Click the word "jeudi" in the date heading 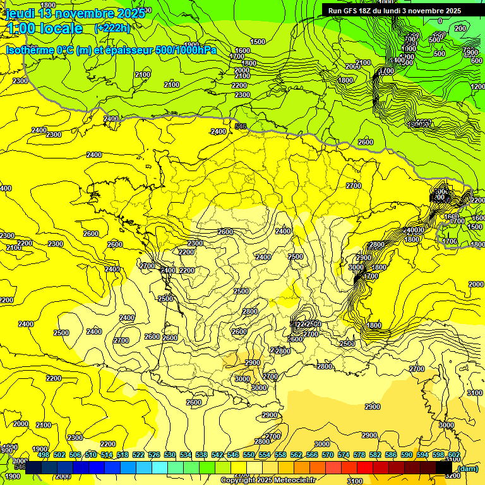click(x=20, y=13)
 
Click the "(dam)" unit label click(x=468, y=469)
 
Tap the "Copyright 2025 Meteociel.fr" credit click(x=268, y=480)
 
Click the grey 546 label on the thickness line click(x=241, y=126)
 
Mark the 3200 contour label click(x=452, y=476)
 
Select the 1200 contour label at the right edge click(x=477, y=87)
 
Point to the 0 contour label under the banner click(x=440, y=21)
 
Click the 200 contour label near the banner click(x=460, y=28)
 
